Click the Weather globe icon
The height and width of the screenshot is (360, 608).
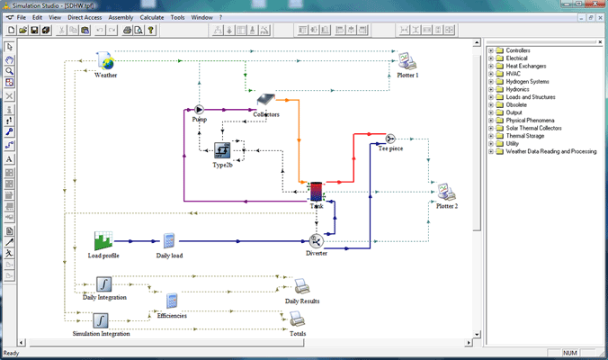click(x=105, y=61)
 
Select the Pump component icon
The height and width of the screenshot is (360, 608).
click(x=200, y=110)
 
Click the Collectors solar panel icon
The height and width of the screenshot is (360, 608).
click(x=265, y=102)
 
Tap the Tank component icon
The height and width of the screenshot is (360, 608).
click(x=317, y=192)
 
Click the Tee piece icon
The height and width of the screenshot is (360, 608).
click(x=390, y=139)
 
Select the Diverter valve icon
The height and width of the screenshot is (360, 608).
click(x=316, y=241)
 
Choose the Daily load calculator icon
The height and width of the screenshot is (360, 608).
click(x=168, y=241)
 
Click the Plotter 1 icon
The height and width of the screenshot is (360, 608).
click(x=406, y=61)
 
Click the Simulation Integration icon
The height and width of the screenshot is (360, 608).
click(x=101, y=320)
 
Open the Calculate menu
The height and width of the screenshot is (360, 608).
click(x=151, y=17)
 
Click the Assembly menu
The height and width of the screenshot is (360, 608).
click(x=121, y=17)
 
